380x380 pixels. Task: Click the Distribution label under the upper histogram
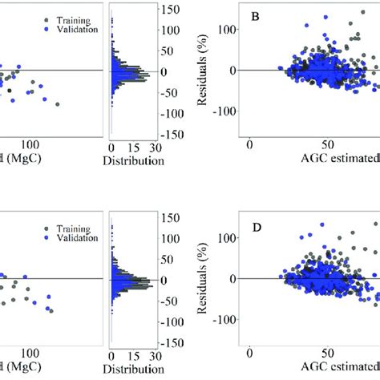coord(134,160)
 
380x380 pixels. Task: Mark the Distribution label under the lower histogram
coord(134,370)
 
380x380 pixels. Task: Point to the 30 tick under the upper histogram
coord(156,147)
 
